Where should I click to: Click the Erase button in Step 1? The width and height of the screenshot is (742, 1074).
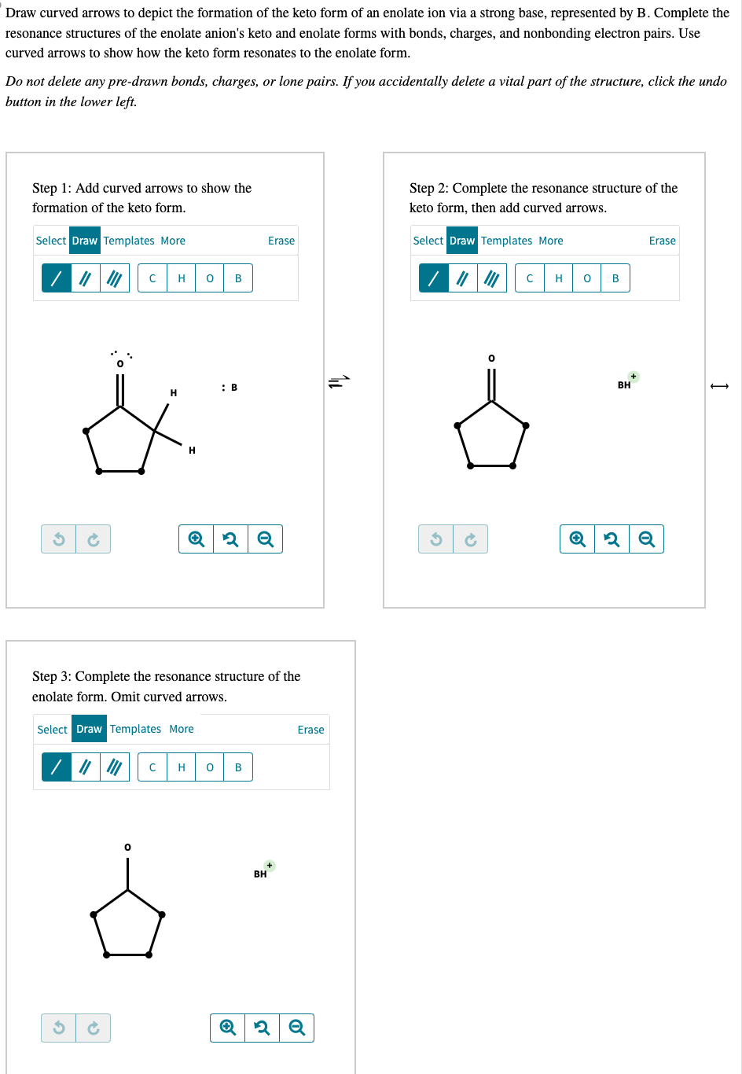pyautogui.click(x=281, y=241)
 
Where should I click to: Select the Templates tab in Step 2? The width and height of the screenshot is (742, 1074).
pyautogui.click(x=506, y=241)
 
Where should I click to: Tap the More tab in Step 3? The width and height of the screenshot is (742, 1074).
pyautogui.click(x=182, y=729)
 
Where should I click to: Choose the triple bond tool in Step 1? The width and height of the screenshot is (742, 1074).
pyautogui.click(x=115, y=278)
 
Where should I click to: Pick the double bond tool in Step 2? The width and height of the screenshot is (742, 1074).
pyautogui.click(x=463, y=278)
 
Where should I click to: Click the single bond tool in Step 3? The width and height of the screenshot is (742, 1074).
pyautogui.click(x=57, y=767)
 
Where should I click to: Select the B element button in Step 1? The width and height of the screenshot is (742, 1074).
pyautogui.click(x=238, y=278)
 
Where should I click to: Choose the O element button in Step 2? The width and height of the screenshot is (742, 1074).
pyautogui.click(x=587, y=278)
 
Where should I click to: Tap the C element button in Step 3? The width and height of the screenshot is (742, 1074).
pyautogui.click(x=152, y=767)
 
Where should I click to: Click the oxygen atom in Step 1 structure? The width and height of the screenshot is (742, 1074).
pyautogui.click(x=120, y=363)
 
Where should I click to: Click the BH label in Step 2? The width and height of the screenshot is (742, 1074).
pyautogui.click(x=624, y=385)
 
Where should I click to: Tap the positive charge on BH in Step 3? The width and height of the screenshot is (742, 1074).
pyautogui.click(x=270, y=866)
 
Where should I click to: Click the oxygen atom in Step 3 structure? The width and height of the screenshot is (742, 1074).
pyautogui.click(x=127, y=847)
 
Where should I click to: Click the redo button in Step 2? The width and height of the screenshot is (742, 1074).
pyautogui.click(x=470, y=539)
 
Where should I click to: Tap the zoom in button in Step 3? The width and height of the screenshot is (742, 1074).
pyautogui.click(x=228, y=1028)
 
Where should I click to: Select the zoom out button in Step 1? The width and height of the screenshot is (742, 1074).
pyautogui.click(x=266, y=539)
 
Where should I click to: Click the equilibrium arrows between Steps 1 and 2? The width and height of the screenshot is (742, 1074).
pyautogui.click(x=339, y=382)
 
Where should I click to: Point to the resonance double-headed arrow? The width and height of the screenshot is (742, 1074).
pyautogui.click(x=719, y=385)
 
